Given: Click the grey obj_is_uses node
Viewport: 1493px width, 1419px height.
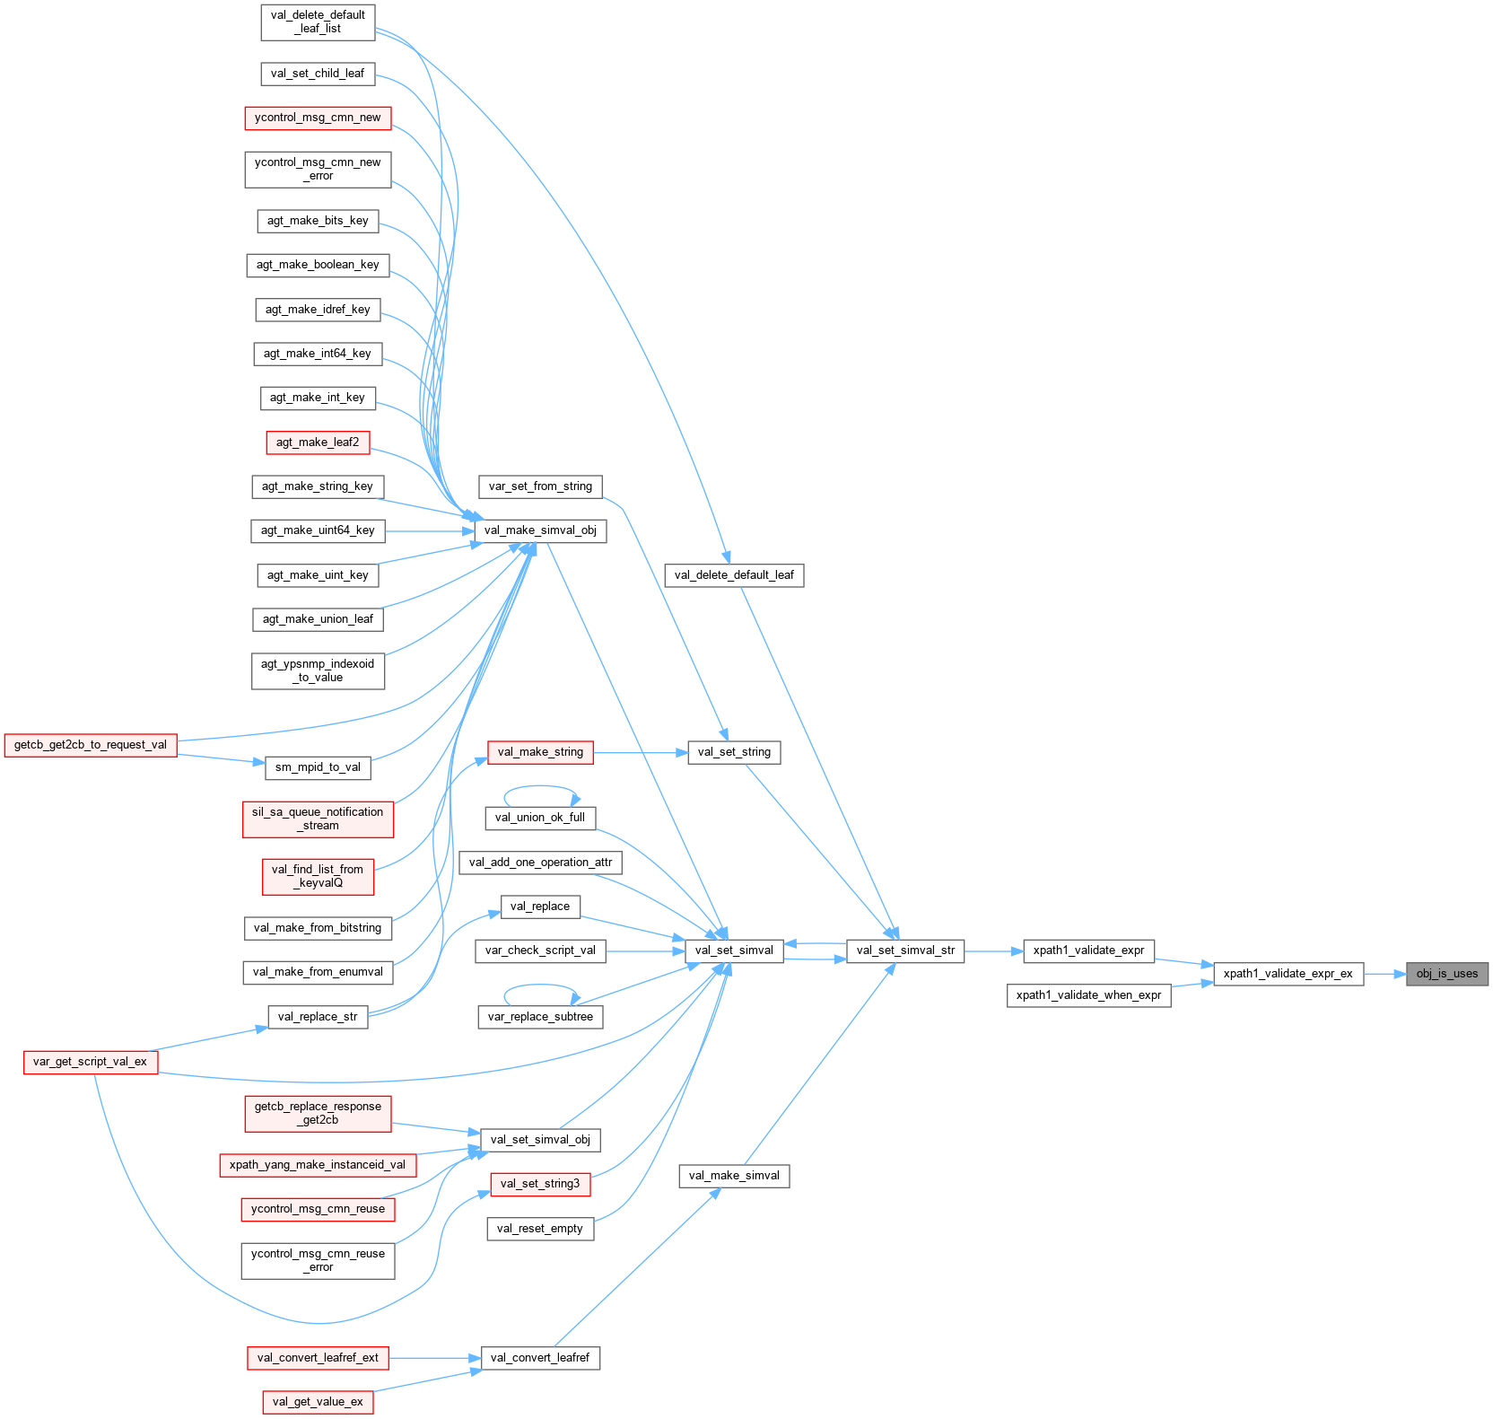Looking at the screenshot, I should [1446, 974].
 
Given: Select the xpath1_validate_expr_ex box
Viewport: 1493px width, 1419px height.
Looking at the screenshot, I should [1288, 974].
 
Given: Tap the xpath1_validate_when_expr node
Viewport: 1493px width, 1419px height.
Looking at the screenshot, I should [1088, 995].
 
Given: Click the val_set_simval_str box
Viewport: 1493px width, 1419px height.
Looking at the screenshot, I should [905, 950].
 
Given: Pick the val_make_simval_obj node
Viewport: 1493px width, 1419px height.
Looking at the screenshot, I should [539, 530].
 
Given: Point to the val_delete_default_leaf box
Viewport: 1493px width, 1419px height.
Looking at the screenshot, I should [734, 575].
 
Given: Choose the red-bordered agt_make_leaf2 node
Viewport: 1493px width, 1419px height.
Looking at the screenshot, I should [318, 442].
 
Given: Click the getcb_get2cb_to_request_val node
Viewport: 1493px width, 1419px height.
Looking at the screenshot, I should [90, 745].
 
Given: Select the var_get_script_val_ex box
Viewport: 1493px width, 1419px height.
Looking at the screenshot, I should [90, 1062].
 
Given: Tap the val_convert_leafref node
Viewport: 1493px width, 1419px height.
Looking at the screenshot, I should [539, 1358].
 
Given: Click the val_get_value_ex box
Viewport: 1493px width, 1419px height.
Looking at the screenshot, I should [318, 1402].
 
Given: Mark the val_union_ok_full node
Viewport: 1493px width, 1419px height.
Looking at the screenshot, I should [539, 818].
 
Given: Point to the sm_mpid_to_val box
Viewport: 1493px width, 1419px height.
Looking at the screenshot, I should [318, 767].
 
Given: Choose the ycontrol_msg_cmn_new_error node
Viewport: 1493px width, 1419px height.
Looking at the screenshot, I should [318, 170].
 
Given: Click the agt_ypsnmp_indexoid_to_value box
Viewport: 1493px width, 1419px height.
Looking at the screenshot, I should [318, 670].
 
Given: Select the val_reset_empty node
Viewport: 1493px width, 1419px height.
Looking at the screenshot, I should [539, 1229].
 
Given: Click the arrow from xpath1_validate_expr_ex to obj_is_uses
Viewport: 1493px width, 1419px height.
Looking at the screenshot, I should [1384, 974].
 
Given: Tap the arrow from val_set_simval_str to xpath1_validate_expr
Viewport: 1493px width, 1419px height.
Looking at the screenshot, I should [993, 950].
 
